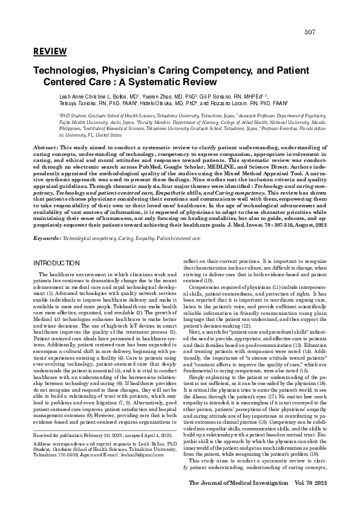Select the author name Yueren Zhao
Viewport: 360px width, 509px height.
pyautogui.click(x=161, y=96)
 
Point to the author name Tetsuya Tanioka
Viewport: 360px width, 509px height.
pyautogui.click(x=78, y=103)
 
